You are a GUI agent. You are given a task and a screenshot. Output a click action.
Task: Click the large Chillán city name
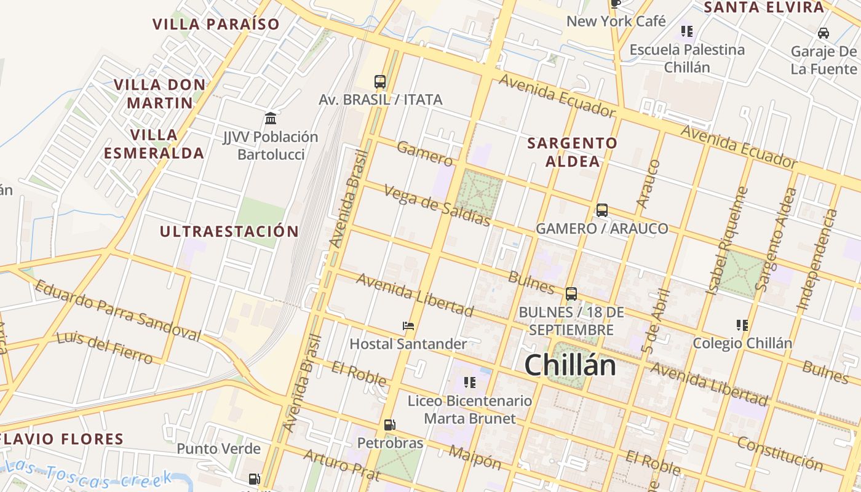pyautogui.click(x=569, y=365)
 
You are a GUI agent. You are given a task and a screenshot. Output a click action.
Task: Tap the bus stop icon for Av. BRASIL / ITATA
pyautogui.click(x=380, y=81)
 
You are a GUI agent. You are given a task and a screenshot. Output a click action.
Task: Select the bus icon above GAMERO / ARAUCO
pyautogui.click(x=601, y=210)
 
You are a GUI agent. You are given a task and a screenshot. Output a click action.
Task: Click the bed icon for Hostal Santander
pyautogui.click(x=408, y=326)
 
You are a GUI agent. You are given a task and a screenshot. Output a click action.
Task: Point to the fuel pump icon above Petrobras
pyautogui.click(x=389, y=424)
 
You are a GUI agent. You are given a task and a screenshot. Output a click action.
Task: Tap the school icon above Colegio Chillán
pyautogui.click(x=742, y=325)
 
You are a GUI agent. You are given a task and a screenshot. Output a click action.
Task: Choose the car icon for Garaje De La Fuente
pyautogui.click(x=823, y=33)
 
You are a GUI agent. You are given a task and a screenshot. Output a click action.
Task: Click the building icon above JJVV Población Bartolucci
pyautogui.click(x=271, y=118)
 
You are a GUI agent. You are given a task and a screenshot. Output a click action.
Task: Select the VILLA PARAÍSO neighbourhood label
pyautogui.click(x=216, y=24)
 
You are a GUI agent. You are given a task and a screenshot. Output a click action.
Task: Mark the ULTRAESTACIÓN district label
pyautogui.click(x=229, y=232)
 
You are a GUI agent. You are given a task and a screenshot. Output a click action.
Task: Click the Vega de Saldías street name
pyautogui.click(x=437, y=205)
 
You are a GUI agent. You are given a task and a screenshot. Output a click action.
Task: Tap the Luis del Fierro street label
pyautogui.click(x=104, y=347)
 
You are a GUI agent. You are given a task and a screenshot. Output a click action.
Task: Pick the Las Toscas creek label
pyautogui.click(x=89, y=475)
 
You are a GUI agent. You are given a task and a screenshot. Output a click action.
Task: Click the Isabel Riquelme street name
pyautogui.click(x=726, y=240)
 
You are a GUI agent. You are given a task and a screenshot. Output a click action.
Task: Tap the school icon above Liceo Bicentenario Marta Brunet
pyautogui.click(x=470, y=383)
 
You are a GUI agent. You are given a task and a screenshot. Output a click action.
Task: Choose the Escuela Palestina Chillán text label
pyautogui.click(x=687, y=58)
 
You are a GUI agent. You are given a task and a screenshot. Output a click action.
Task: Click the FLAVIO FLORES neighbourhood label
pyautogui.click(x=62, y=439)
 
